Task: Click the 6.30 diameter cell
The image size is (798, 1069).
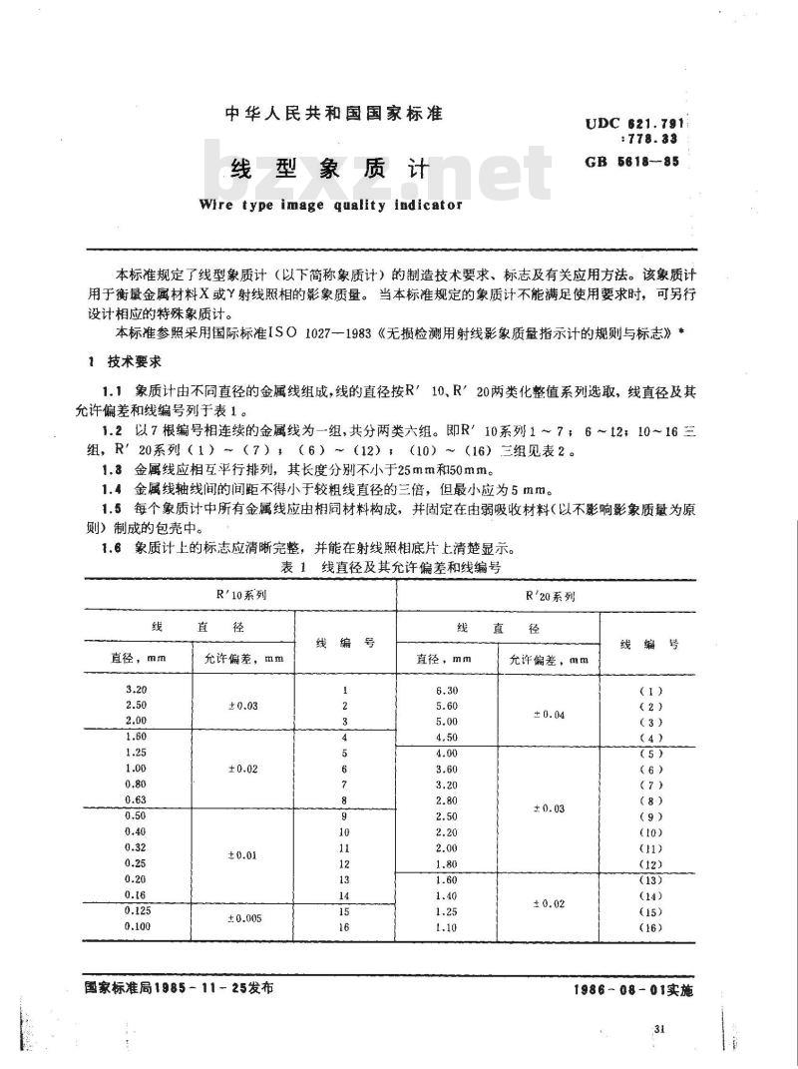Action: (446, 691)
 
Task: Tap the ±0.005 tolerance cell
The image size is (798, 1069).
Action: (244, 918)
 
